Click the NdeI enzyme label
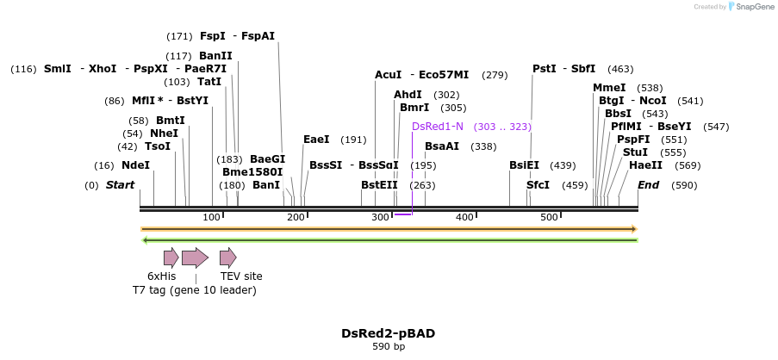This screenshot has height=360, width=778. coord(135,165)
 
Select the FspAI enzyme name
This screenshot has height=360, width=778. coord(258,36)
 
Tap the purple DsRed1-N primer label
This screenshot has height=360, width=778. coord(438,127)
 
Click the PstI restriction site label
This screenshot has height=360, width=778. coord(544,69)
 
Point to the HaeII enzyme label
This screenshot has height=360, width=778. coord(645,165)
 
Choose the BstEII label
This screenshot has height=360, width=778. coord(379,185)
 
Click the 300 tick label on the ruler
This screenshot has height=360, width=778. coord(381,217)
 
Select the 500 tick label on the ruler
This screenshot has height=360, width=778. coord(550,217)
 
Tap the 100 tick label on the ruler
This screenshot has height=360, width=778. coord(212,217)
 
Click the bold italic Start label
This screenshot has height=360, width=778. coord(121,185)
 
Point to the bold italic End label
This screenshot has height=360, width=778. coord(649,185)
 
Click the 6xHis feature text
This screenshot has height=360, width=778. coord(161,276)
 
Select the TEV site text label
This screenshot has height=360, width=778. coord(241,276)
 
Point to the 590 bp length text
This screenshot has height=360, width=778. coord(388,346)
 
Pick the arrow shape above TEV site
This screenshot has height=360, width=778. coord(227,257)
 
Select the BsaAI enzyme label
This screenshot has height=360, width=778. coord(442,146)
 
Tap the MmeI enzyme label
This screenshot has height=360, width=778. coord(609,88)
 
